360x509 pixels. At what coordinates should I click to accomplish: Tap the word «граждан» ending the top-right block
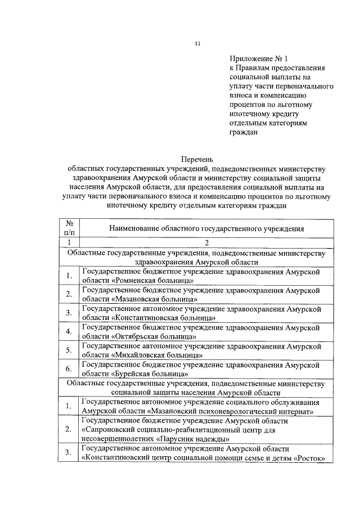coord(244,133)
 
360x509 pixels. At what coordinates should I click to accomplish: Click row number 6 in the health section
coord(68,369)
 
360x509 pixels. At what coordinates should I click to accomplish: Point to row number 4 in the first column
coord(68,331)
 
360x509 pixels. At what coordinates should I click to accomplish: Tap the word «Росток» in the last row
coord(312,457)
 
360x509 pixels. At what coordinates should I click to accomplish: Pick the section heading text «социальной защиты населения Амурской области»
coord(195,393)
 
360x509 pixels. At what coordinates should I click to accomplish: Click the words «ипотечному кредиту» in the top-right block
coord(264,114)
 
